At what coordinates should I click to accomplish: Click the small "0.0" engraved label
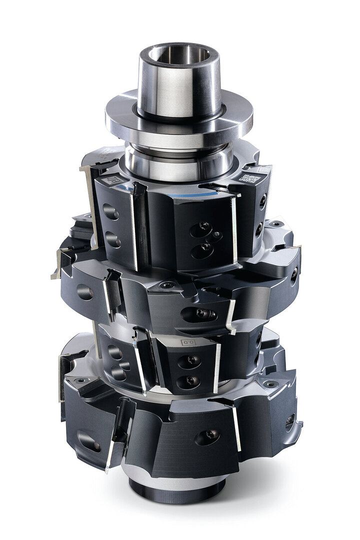(186, 342)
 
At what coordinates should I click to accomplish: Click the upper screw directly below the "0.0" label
(192, 360)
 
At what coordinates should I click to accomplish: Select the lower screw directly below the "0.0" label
(191, 380)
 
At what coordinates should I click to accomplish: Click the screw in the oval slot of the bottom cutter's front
(208, 436)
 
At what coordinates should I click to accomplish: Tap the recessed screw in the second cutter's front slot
(201, 314)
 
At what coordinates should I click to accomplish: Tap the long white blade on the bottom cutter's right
(236, 427)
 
